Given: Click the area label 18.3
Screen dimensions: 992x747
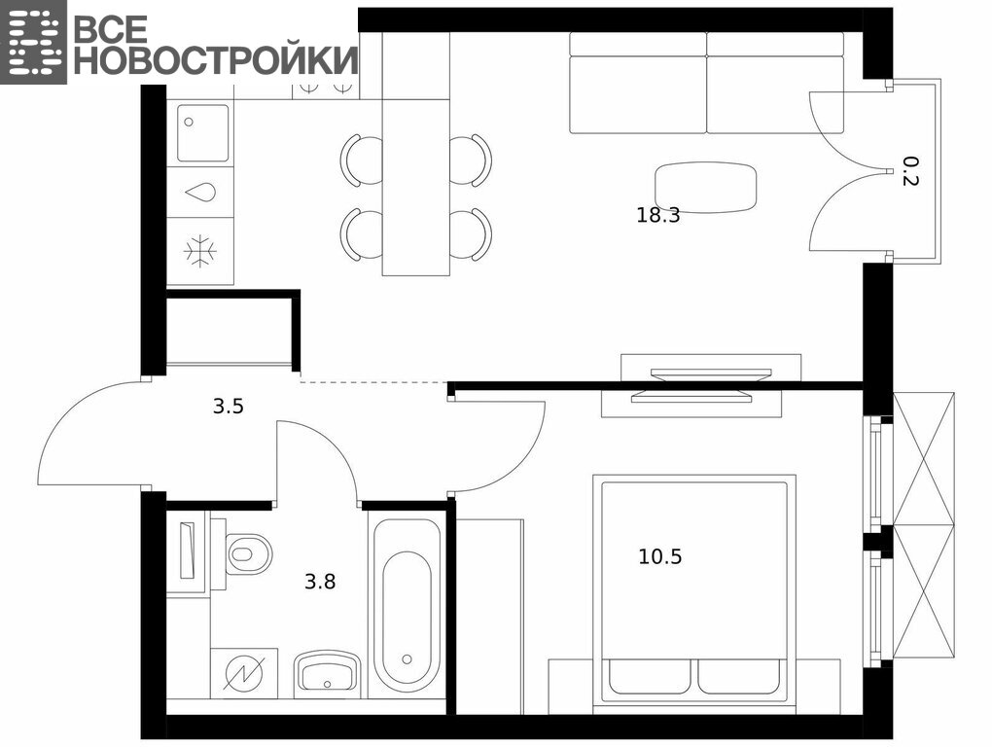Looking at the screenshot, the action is [658, 216].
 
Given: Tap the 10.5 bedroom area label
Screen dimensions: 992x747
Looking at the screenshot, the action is [659, 556].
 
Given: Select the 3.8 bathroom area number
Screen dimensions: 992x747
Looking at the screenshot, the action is [320, 582].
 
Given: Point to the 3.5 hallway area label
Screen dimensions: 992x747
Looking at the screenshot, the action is [229, 406].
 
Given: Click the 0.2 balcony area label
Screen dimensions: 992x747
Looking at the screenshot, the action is [909, 171].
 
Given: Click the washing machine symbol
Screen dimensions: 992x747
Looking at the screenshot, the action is [244, 673].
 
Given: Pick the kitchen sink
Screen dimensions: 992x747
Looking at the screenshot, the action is [202, 133].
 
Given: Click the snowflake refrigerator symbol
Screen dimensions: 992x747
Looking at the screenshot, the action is [200, 251].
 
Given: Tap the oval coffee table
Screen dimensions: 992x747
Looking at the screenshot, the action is [705, 188].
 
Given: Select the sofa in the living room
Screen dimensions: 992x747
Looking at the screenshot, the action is [707, 83].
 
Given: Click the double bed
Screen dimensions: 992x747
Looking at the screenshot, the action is [694, 592].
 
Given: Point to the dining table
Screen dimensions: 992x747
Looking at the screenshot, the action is [415, 155].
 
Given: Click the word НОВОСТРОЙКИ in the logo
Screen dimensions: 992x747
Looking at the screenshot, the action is [216, 60].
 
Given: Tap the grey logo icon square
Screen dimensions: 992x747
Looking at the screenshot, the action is [33, 42].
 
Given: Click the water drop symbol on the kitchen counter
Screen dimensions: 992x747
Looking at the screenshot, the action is [200, 193].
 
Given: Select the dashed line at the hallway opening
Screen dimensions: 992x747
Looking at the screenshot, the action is [373, 382].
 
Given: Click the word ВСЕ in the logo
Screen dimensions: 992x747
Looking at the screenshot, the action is [111, 28].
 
